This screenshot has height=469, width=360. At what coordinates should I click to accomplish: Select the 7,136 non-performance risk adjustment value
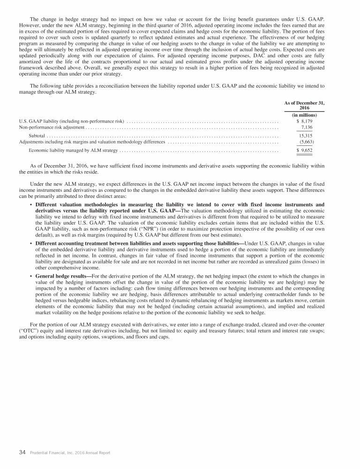(307, 127)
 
